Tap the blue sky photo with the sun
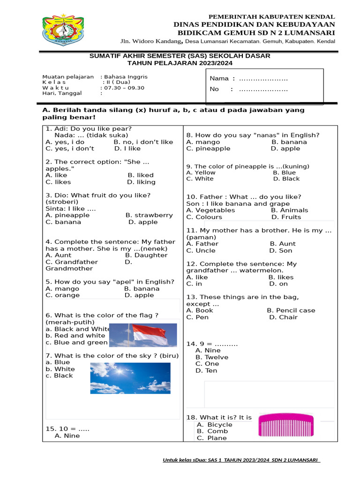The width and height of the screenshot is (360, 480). pyautogui.click(x=134, y=377)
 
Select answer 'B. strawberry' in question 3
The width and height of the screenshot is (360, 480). pyautogui.click(x=149, y=216)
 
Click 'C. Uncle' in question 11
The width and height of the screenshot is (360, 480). pyautogui.click(x=201, y=251)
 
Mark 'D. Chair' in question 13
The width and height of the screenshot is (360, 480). pyautogui.click(x=283, y=317)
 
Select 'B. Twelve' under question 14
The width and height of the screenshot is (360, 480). pyautogui.click(x=212, y=357)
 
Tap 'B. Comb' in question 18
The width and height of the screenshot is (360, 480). pyautogui.click(x=212, y=431)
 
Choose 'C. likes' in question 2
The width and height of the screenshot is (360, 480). pyautogui.click(x=58, y=182)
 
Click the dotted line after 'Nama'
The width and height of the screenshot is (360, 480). pyautogui.click(x=263, y=79)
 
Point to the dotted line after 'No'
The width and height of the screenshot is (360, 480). pyautogui.click(x=263, y=89)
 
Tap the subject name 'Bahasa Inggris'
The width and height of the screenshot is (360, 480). pyautogui.click(x=126, y=76)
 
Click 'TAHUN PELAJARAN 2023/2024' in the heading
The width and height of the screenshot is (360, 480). pyautogui.click(x=180, y=63)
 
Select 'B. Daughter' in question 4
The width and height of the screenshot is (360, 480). pyautogui.click(x=146, y=255)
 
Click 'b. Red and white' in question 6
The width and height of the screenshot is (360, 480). pyautogui.click(x=75, y=336)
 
